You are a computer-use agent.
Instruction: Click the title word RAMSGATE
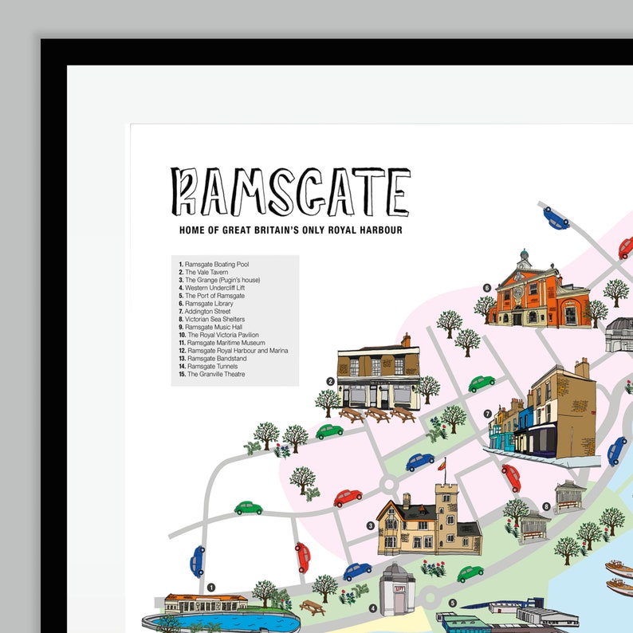pyautogui.click(x=290, y=192)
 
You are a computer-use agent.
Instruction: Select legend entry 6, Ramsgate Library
pyautogui.click(x=210, y=304)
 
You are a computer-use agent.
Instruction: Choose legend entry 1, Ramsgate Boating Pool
pyautogui.click(x=216, y=264)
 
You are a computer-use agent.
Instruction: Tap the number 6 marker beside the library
pyautogui.click(x=486, y=288)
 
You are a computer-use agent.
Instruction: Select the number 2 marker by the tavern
pyautogui.click(x=329, y=381)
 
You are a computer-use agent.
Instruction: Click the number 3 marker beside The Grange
pyautogui.click(x=371, y=525)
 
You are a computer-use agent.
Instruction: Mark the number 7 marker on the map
pyautogui.click(x=487, y=414)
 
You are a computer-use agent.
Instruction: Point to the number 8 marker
pyautogui.click(x=546, y=506)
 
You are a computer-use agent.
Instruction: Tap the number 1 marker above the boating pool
pyautogui.click(x=211, y=588)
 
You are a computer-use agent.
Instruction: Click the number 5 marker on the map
pyautogui.click(x=452, y=604)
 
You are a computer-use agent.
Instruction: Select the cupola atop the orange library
pyautogui.click(x=523, y=258)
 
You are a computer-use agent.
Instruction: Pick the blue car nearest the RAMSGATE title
pyautogui.click(x=556, y=217)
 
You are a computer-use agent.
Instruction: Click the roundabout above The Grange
pyautogui.click(x=389, y=484)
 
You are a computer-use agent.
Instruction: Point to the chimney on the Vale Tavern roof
pyautogui.click(x=406, y=340)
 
